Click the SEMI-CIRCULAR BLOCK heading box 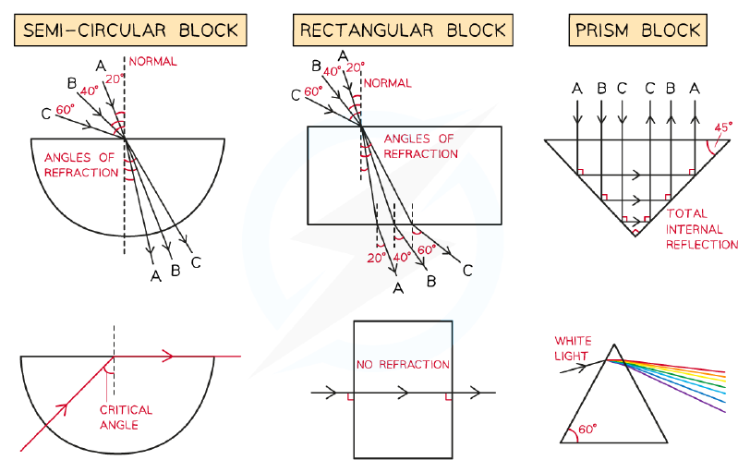(130, 30)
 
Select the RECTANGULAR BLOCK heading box (403, 30)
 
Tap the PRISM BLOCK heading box (637, 30)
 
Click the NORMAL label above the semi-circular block (152, 61)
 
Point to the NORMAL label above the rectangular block (387, 83)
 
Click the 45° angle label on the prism (723, 127)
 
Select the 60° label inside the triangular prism (587, 429)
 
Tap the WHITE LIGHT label (573, 348)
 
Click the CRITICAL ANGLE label (126, 418)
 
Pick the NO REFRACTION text (403, 365)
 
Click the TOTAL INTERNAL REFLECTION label (702, 229)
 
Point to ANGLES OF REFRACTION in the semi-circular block (81, 165)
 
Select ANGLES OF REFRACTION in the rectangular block (420, 146)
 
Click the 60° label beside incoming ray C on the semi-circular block (65, 110)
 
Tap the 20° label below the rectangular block (377, 259)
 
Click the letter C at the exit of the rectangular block (467, 272)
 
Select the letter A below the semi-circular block (155, 276)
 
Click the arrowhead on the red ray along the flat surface (167, 357)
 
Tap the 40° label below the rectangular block (402, 258)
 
